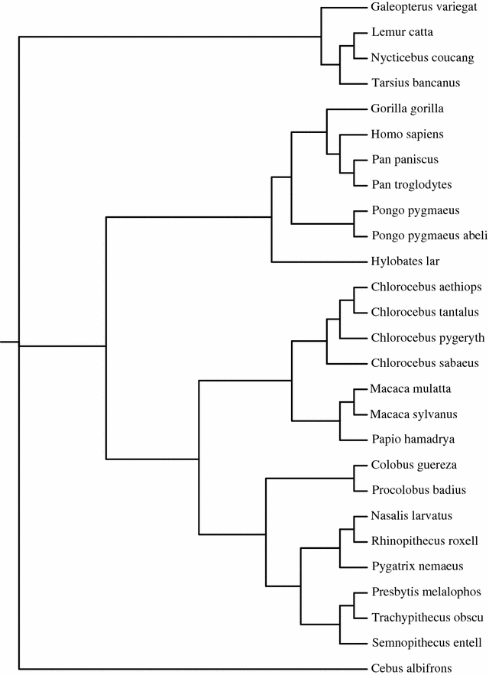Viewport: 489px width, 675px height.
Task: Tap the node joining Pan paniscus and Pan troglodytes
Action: coord(355,173)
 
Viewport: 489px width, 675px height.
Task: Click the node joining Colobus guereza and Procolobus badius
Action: coord(355,478)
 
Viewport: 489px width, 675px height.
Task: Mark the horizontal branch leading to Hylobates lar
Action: coord(313,262)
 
